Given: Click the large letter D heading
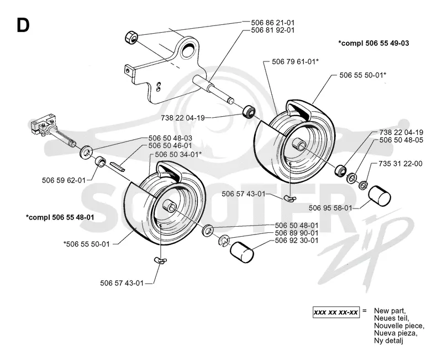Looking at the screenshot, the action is coord(23,25).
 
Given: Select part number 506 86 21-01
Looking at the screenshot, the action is coord(272,22).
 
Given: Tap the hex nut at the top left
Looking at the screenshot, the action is coord(130,38).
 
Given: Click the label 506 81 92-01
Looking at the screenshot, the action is coord(272,30).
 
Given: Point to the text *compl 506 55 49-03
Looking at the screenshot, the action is coord(373,43).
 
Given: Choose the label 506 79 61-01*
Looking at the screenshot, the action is coord(295,61).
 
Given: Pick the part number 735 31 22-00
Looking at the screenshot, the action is coord(401,164).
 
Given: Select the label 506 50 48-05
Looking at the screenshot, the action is coord(401,140).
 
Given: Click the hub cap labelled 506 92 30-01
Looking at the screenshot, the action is coord(242,253).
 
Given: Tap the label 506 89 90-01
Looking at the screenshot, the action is coord(297,233).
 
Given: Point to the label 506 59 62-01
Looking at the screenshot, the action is coord(64,180).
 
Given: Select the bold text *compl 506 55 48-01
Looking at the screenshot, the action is coord(60,217).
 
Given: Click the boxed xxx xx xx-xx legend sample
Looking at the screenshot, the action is coord(336,312).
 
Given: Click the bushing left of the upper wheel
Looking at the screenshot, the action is coord(249,112).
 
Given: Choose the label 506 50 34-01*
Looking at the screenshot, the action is coord(178,154).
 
